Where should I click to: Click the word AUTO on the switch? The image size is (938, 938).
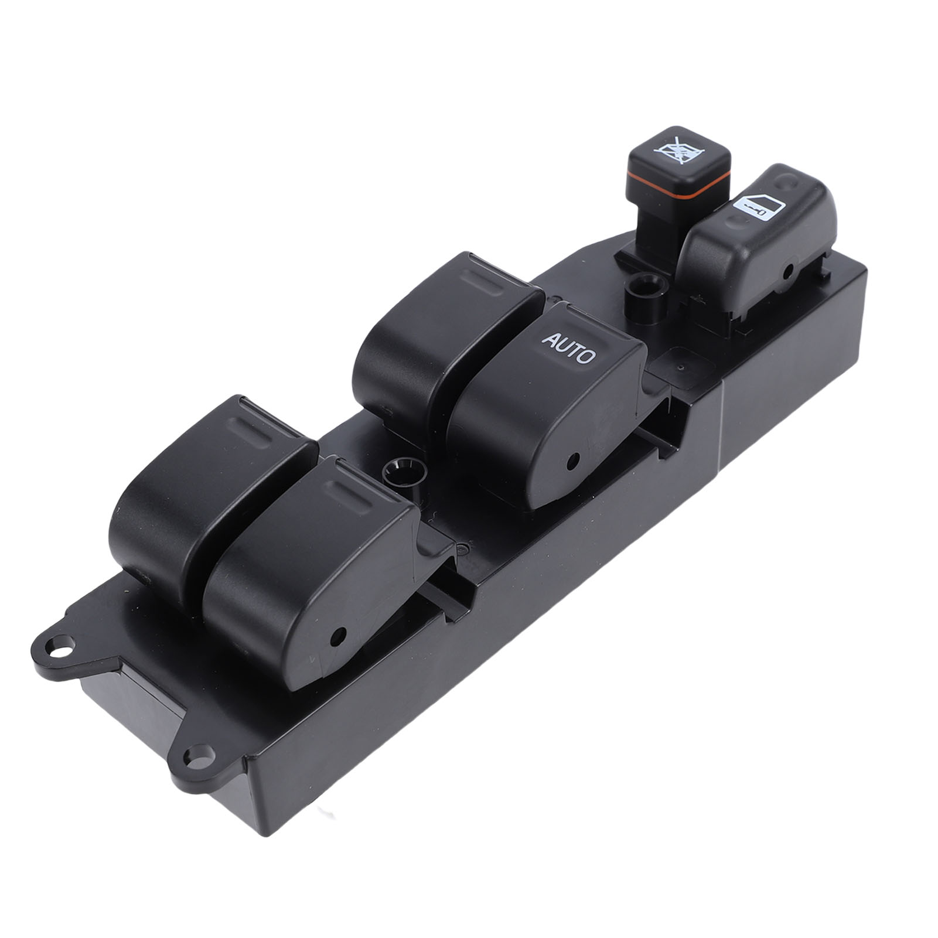click(568, 347)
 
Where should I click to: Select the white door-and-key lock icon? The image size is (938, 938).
click(757, 206)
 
